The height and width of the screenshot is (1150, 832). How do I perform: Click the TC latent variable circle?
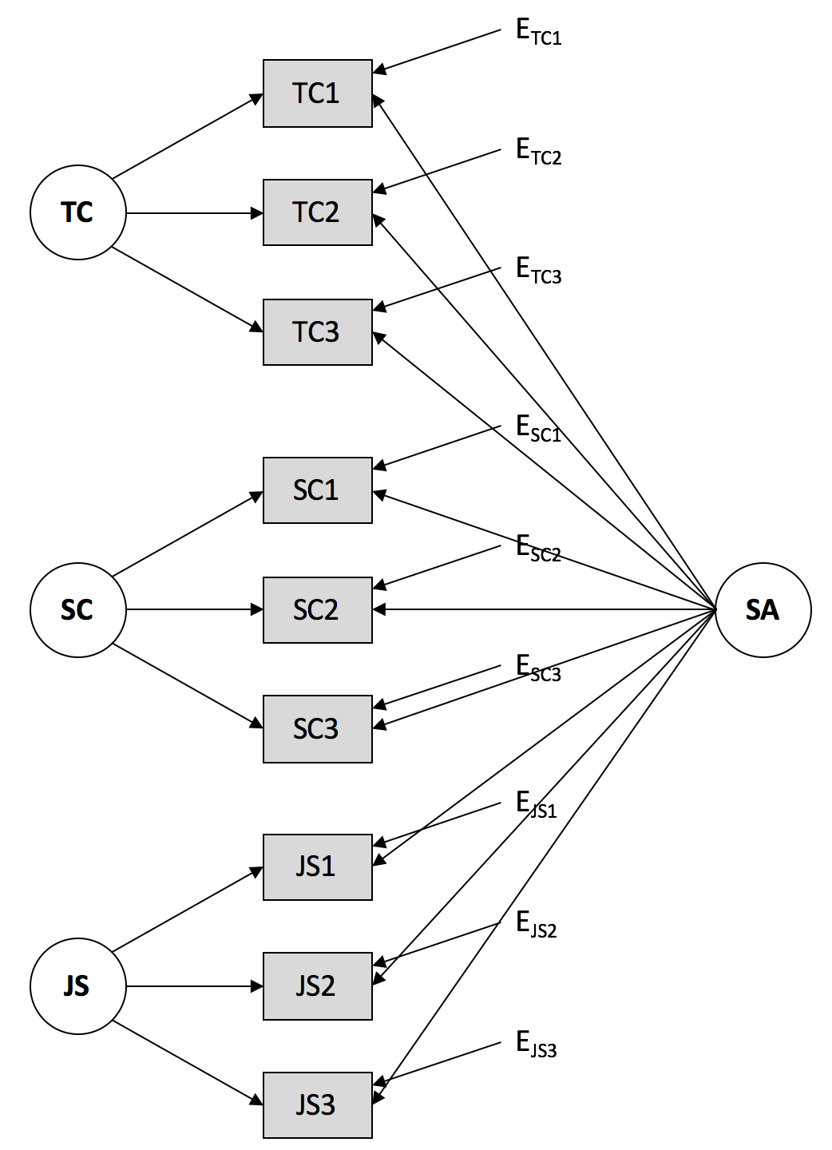click(77, 212)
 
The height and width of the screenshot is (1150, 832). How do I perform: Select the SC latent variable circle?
click(77, 610)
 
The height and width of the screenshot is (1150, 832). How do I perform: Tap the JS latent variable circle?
click(77, 986)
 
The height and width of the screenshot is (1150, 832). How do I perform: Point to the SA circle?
click(763, 610)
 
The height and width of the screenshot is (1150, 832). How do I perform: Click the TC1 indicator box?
click(318, 93)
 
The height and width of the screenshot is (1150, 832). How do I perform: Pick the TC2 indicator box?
click(318, 212)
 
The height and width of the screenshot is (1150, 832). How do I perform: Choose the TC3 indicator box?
click(318, 332)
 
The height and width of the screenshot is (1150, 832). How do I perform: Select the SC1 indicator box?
click(318, 490)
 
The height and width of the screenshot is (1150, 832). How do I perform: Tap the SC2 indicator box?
click(318, 610)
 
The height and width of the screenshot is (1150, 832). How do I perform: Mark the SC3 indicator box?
click(318, 729)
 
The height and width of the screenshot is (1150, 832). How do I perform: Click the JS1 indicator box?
click(318, 867)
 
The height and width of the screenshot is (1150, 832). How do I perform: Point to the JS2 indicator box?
click(318, 986)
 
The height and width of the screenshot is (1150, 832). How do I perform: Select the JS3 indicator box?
click(318, 1105)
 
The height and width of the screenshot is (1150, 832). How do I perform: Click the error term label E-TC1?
click(538, 33)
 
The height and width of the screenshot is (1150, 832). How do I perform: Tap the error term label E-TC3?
click(538, 272)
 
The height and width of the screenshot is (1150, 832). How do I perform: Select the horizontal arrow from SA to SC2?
click(543, 610)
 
